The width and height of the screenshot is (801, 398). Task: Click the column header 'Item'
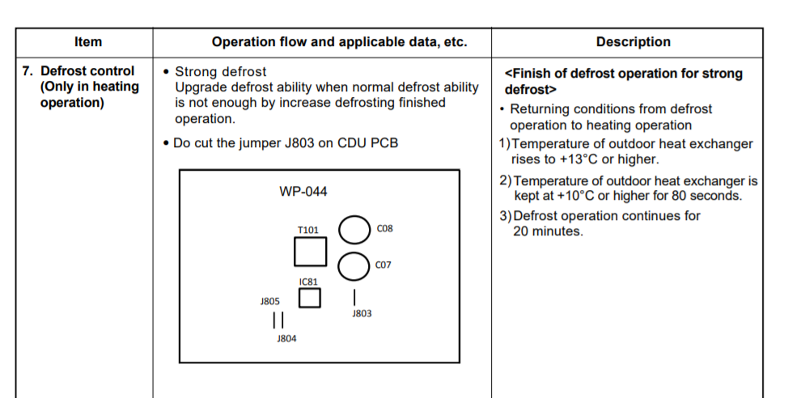[87, 42]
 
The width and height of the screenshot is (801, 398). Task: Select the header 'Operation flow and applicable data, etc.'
[339, 42]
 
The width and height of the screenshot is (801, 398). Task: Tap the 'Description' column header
[633, 42]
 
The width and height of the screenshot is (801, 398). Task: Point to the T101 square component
[310, 252]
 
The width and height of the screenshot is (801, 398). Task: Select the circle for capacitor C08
[354, 230]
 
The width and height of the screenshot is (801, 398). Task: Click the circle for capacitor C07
[354, 265]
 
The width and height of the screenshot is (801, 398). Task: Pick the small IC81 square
[309, 298]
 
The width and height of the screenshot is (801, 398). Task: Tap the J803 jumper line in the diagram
[354, 297]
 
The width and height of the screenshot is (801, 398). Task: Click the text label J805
[270, 301]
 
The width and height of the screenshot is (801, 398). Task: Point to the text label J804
[286, 339]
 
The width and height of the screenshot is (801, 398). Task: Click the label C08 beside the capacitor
[384, 229]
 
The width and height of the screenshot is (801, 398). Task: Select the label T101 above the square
[308, 231]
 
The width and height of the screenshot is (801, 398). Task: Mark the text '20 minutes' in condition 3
[548, 231]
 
